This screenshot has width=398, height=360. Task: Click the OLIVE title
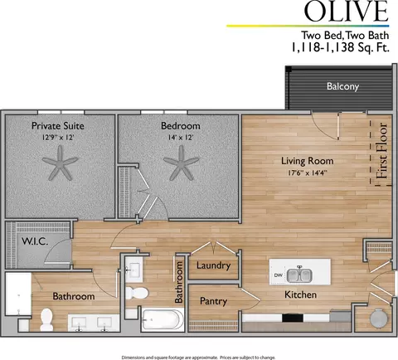[x=346, y=11]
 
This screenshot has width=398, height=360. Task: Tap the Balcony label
[x=342, y=86]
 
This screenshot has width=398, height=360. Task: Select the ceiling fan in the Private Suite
[x=60, y=163]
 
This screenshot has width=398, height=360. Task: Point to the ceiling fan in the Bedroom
[x=181, y=163]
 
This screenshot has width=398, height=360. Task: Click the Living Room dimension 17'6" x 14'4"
[x=308, y=173]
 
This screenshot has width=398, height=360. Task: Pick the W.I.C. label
[x=35, y=241]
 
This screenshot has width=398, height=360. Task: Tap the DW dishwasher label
[x=279, y=275]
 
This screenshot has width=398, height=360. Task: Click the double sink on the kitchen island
[x=299, y=275]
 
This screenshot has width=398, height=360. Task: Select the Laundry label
[x=213, y=265]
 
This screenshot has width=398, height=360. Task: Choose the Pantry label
[x=213, y=301]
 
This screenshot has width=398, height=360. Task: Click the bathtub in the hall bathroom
[x=163, y=319]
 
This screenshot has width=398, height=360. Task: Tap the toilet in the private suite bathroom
[x=46, y=319]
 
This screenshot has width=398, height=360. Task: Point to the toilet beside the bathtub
[x=137, y=294]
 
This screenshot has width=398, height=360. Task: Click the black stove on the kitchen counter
[x=293, y=318]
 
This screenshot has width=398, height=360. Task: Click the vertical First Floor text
[x=382, y=151]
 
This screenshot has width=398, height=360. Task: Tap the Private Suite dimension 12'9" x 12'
[x=58, y=138]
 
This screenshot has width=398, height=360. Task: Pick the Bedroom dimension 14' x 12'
[x=181, y=138]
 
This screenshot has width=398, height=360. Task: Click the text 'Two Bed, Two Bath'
[x=345, y=36]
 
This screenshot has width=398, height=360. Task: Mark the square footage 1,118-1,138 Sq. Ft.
[x=340, y=47]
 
